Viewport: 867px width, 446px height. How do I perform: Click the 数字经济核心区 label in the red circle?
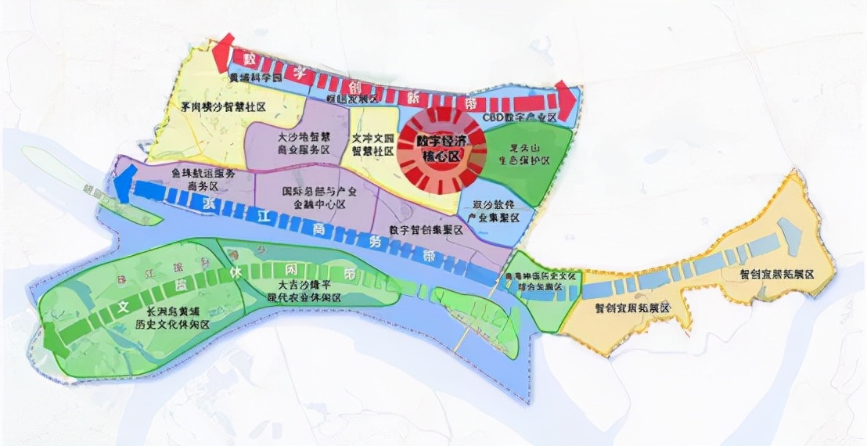click(429, 149)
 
